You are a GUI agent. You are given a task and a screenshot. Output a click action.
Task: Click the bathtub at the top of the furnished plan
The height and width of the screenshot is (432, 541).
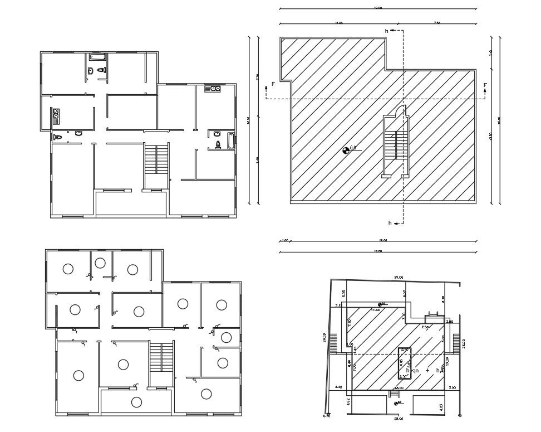[x=97, y=57]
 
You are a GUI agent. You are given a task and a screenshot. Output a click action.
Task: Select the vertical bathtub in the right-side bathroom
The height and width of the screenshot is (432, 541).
[x=230, y=142]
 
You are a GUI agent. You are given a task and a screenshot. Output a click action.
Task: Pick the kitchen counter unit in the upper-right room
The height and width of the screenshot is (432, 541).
[x=213, y=88]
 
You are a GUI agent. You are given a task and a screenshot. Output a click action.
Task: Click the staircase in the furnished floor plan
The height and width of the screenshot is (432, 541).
[x=157, y=158]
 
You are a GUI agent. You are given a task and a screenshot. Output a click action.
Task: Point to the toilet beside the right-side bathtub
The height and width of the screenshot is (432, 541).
[x=218, y=144]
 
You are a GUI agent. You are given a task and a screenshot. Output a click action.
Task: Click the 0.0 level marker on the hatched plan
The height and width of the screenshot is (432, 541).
[x=346, y=149]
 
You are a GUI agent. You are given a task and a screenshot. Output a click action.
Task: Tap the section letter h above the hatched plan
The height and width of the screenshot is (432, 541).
[x=386, y=31]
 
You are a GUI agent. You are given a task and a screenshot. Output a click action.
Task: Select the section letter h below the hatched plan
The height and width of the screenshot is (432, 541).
[x=390, y=223]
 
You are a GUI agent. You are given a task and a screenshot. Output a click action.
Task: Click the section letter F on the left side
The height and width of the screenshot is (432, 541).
[x=273, y=84]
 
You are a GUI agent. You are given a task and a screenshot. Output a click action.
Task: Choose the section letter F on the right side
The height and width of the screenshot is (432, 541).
[x=485, y=85]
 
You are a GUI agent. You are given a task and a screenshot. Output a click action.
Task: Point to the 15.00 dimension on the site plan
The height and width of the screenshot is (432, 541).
[x=399, y=387]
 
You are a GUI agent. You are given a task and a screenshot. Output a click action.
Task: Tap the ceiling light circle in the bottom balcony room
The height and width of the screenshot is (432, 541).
[x=135, y=402]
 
